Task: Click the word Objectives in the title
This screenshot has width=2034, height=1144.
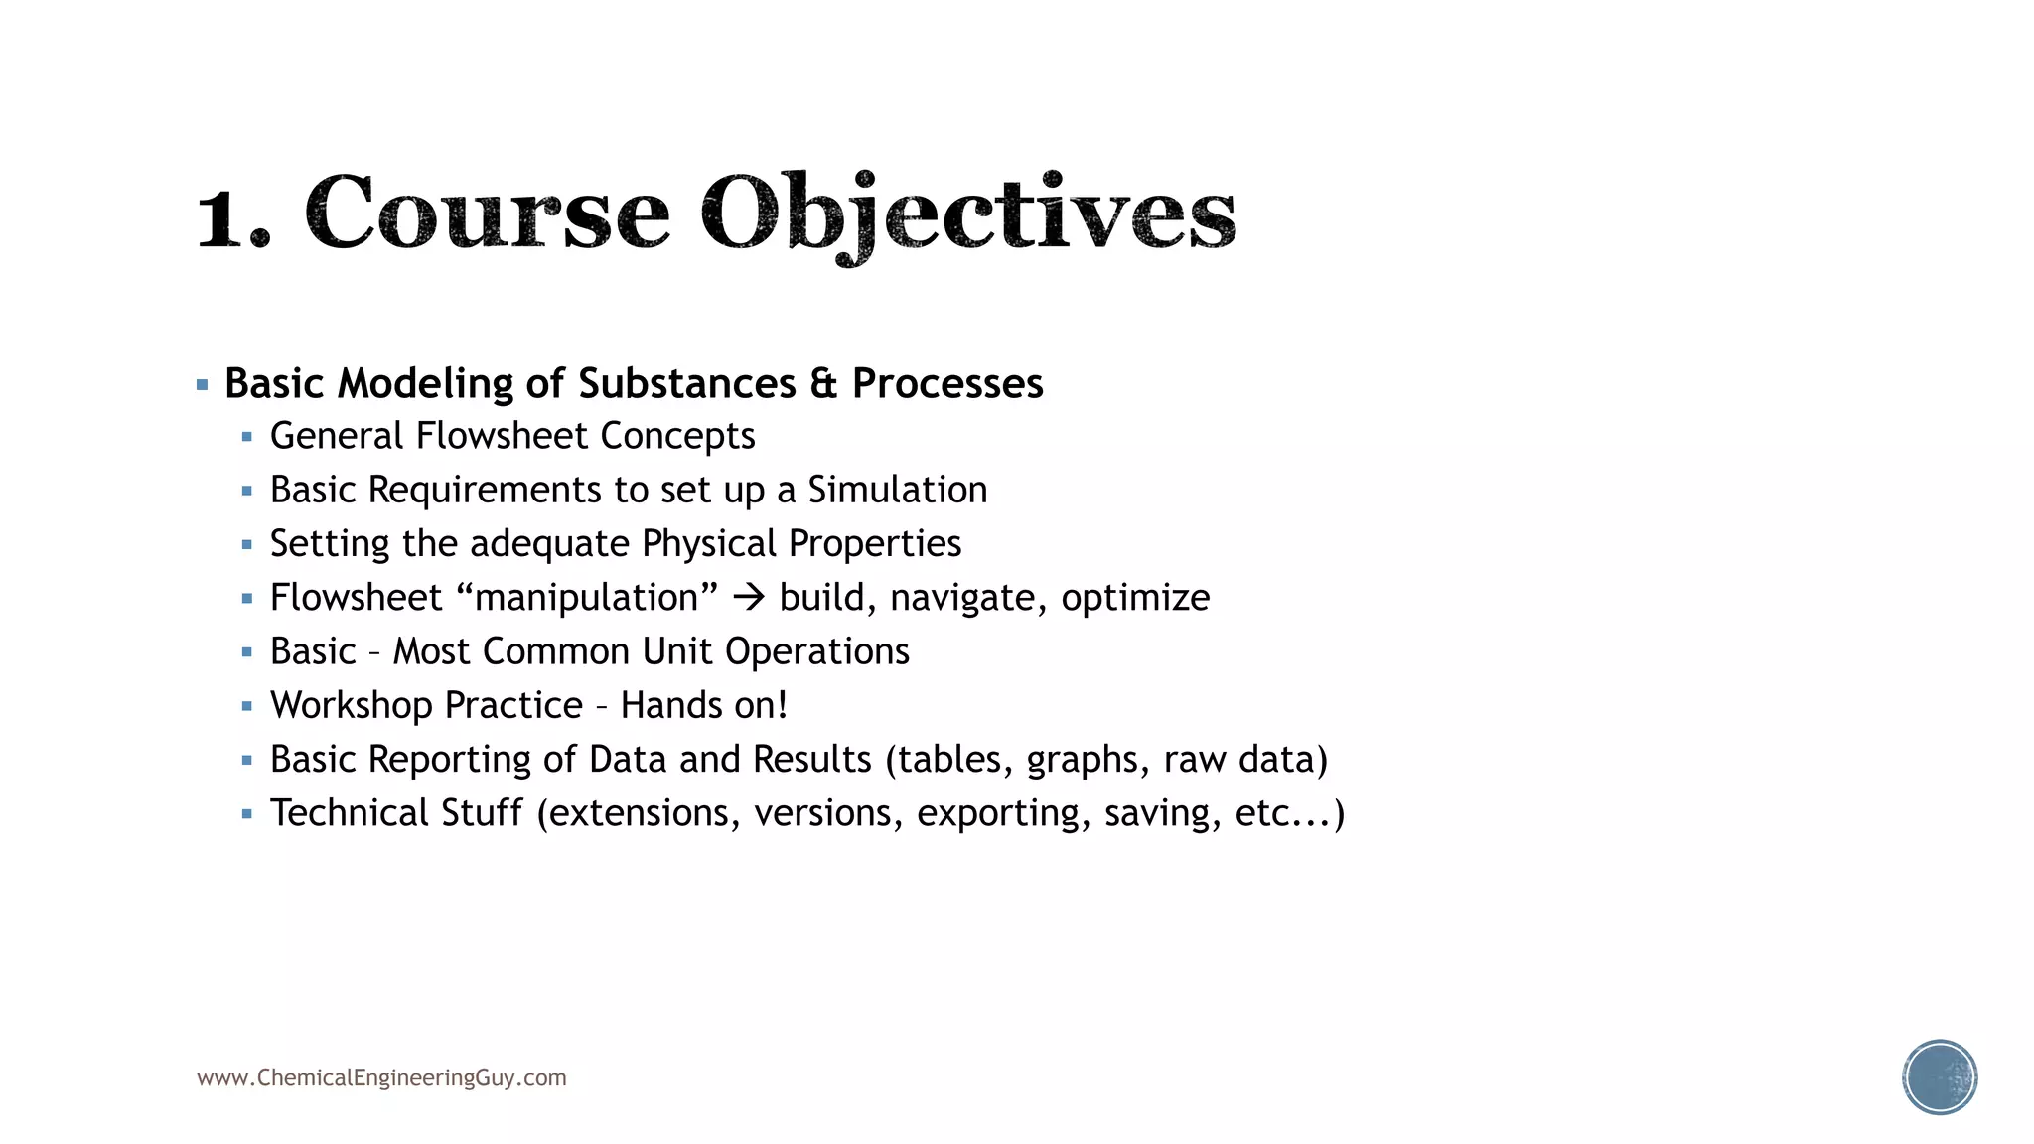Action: coord(968,214)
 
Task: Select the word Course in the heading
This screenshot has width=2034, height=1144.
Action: coord(487,214)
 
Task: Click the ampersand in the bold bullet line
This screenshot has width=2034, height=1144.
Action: coord(823,383)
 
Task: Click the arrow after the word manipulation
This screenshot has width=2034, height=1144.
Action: coord(748,597)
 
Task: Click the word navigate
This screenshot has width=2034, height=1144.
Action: coord(968,598)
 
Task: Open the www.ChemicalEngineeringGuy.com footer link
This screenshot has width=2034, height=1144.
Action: coord(381,1077)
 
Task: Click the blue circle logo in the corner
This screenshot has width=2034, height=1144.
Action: coord(1940,1077)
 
